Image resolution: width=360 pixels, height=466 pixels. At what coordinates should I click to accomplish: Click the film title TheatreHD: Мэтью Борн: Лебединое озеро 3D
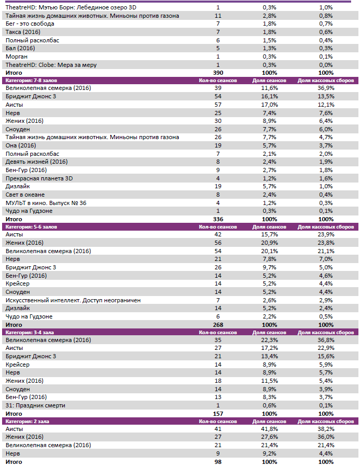(x=71, y=8)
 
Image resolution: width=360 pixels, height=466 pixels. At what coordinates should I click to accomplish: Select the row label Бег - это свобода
(x=29, y=24)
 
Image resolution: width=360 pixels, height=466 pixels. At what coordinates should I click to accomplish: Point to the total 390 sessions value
(x=218, y=73)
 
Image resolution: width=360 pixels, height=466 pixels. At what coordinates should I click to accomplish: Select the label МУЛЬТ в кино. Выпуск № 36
(x=45, y=202)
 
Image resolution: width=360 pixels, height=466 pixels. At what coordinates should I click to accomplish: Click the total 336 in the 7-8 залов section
(x=218, y=219)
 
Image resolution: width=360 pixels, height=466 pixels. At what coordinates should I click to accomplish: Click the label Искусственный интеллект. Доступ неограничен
(x=73, y=300)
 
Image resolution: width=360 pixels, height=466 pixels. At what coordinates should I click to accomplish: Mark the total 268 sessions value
(x=218, y=325)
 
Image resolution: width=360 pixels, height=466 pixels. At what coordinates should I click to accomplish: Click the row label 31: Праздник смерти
(x=35, y=405)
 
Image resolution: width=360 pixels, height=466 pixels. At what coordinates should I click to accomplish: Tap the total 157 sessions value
(x=218, y=414)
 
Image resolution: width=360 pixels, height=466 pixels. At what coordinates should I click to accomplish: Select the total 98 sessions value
(x=218, y=462)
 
